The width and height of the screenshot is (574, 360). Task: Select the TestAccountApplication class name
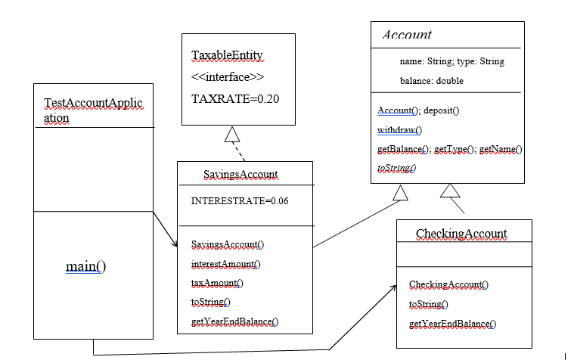click(93, 110)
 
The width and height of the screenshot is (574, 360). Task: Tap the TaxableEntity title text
click(227, 57)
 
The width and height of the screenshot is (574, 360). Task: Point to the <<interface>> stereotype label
click(228, 77)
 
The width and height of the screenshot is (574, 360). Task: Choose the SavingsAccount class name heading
click(240, 175)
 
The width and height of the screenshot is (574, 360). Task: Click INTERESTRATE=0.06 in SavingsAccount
click(240, 201)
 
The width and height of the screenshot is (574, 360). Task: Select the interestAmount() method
click(225, 264)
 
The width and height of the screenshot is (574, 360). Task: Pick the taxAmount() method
click(217, 283)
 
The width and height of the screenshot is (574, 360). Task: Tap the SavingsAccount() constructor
click(228, 244)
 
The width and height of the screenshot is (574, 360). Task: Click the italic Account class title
click(407, 35)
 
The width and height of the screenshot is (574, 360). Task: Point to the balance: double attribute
click(432, 80)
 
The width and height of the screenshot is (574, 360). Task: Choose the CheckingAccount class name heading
click(461, 233)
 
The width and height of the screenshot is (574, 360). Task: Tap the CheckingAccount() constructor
click(448, 284)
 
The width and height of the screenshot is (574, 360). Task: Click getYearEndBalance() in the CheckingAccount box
click(452, 324)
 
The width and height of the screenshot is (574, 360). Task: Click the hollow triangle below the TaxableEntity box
click(233, 135)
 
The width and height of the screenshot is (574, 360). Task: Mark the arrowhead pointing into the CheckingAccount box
click(394, 288)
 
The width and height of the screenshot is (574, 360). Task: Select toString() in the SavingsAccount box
click(211, 302)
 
